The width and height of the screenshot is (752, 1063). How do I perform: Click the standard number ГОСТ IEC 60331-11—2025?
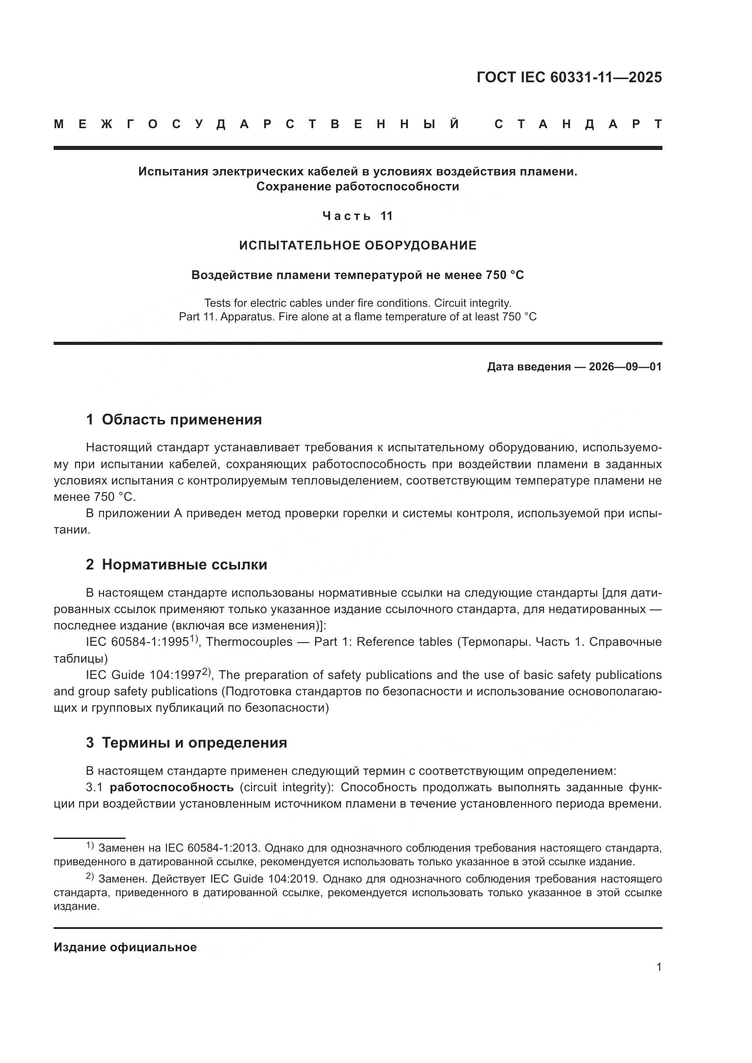pos(569,77)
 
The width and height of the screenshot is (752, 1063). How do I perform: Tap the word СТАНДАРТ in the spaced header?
pos(578,124)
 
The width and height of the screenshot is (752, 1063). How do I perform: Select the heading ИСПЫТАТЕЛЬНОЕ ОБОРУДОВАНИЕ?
pos(357,245)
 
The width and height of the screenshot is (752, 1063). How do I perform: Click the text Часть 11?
pos(357,216)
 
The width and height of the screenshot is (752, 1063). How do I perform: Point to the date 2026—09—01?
pos(625,367)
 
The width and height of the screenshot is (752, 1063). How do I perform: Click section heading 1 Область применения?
pos(174,419)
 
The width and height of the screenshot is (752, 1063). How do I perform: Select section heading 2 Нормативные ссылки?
pos(176,564)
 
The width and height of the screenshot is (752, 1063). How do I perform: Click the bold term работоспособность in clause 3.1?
pos(171,787)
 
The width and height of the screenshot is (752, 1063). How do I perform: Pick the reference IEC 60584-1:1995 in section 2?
pos(137,642)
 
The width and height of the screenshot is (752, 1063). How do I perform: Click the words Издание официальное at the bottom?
pos(125,947)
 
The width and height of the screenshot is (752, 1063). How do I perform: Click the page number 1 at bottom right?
pos(658,967)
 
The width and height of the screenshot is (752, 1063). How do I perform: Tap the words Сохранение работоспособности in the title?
pos(357,187)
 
